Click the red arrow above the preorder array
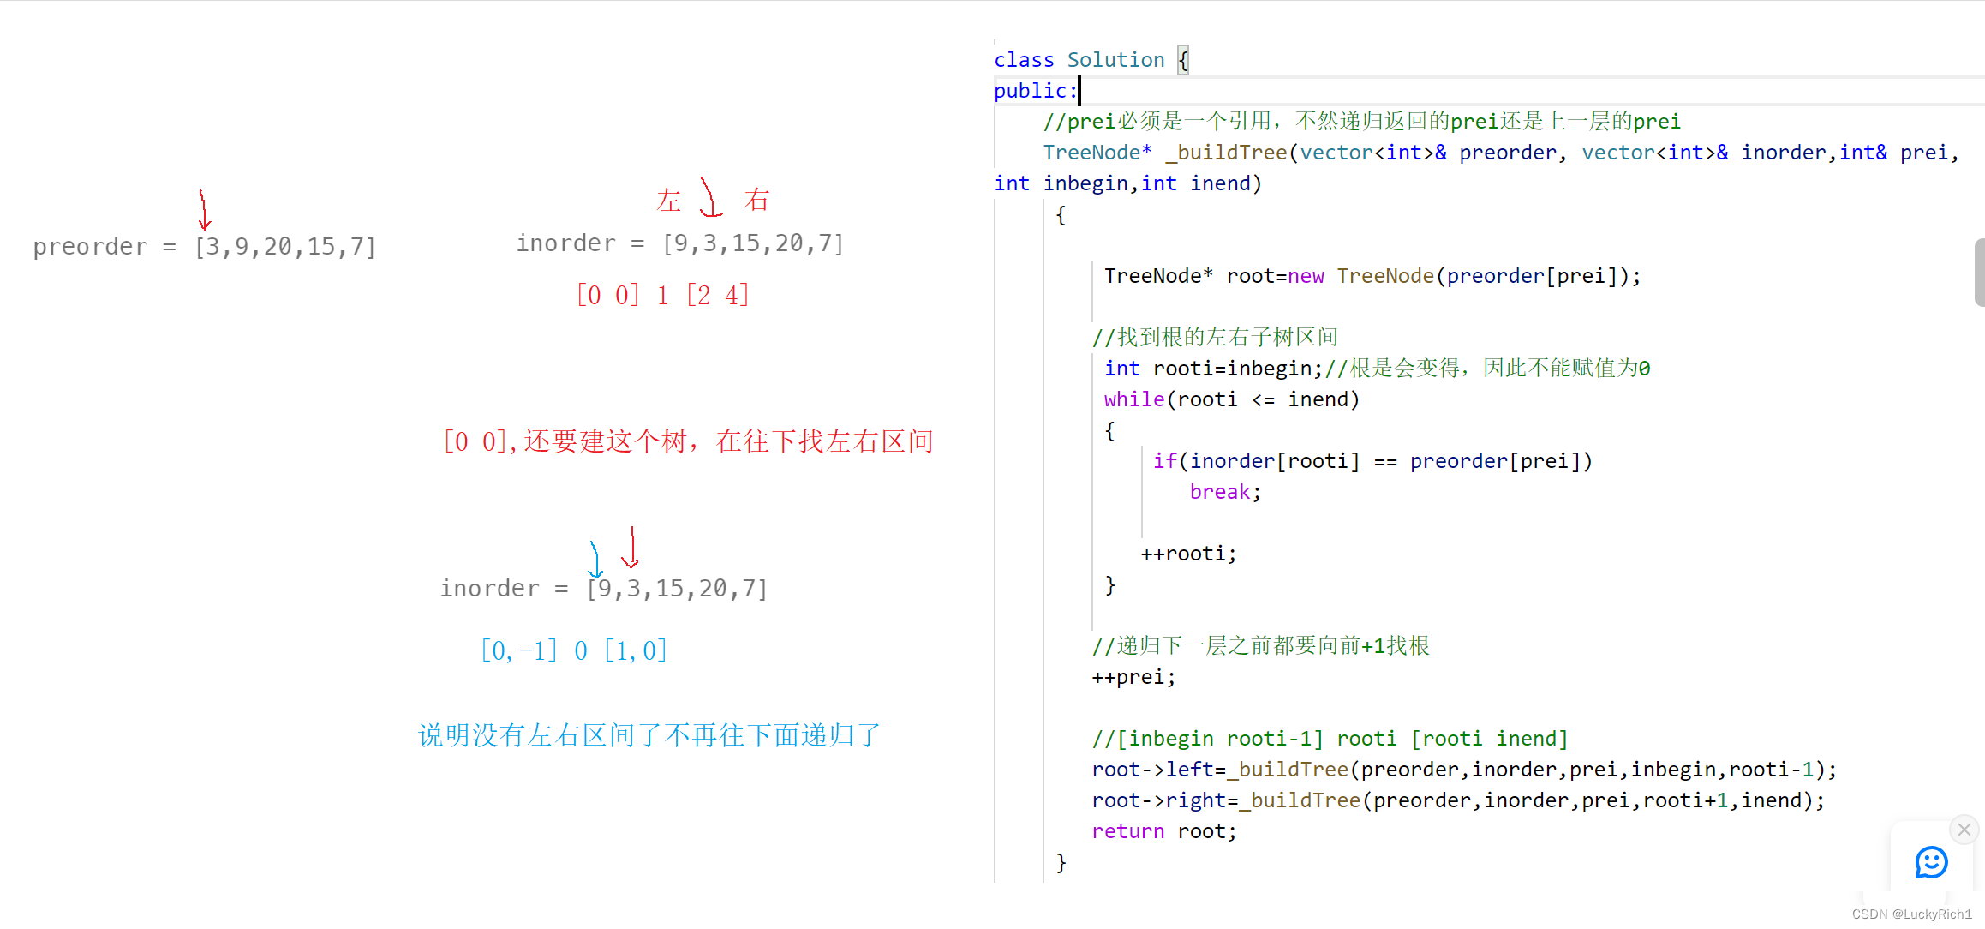click(204, 210)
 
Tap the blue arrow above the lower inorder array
click(595, 560)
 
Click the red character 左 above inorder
click(668, 201)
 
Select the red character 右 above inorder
click(756, 201)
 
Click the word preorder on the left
click(90, 247)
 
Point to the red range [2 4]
click(718, 296)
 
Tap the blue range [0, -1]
click(519, 650)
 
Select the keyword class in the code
click(1024, 60)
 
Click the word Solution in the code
click(1115, 60)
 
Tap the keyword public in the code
click(1031, 91)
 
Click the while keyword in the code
click(1133, 399)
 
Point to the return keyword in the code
click(1127, 831)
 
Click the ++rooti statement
click(1188, 554)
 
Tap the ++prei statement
click(1133, 677)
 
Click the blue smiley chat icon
click(1931, 862)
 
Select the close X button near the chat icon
click(1964, 830)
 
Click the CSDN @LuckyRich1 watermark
click(1911, 914)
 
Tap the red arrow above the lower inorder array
click(631, 548)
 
